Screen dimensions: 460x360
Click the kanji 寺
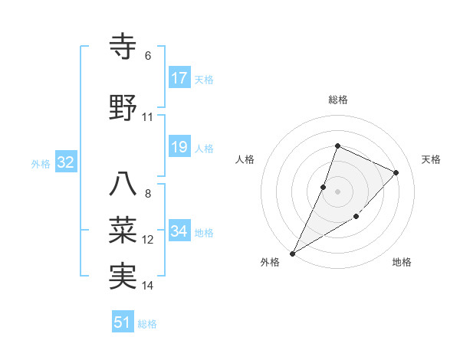[123, 47]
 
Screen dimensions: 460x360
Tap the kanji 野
[123, 109]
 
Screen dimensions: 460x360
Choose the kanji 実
[123, 276]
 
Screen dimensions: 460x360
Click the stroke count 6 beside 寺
[148, 56]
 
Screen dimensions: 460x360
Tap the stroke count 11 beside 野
[148, 117]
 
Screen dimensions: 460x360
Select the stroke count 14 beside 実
[148, 286]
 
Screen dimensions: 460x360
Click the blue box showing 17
[179, 78]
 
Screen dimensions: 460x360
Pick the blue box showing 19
[179, 147]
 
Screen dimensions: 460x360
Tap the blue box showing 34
[179, 231]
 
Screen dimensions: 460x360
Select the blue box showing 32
[64, 162]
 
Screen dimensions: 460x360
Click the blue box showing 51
[122, 322]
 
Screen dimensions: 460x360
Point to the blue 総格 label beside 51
[147, 324]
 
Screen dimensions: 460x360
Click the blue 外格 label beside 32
[40, 163]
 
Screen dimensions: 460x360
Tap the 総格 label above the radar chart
[337, 100]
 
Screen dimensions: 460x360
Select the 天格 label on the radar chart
[431, 159]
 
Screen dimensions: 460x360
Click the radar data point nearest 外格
[292, 254]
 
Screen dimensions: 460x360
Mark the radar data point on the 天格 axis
[396, 172]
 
